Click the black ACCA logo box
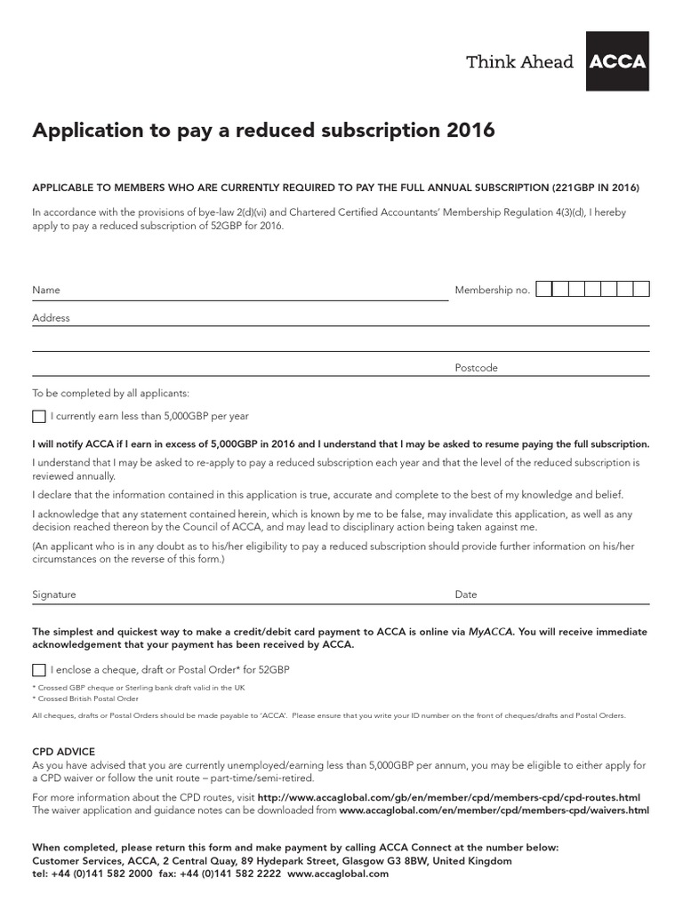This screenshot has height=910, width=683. (x=617, y=61)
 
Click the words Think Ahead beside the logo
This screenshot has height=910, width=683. (x=520, y=61)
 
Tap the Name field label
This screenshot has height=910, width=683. (x=46, y=290)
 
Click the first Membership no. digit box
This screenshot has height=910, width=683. (x=544, y=289)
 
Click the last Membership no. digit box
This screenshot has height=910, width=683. (x=641, y=289)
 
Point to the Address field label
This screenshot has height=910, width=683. (x=51, y=317)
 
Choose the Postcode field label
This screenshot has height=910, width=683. (x=476, y=368)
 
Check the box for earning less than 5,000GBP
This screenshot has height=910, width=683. (x=38, y=416)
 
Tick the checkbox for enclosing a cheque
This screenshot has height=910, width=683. (x=38, y=670)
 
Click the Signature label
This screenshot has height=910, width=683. (x=54, y=595)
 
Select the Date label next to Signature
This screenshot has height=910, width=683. (x=466, y=595)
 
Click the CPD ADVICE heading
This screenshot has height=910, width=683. (x=63, y=752)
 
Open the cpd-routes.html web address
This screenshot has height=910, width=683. (x=448, y=798)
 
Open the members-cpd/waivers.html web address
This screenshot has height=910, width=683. (x=494, y=810)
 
